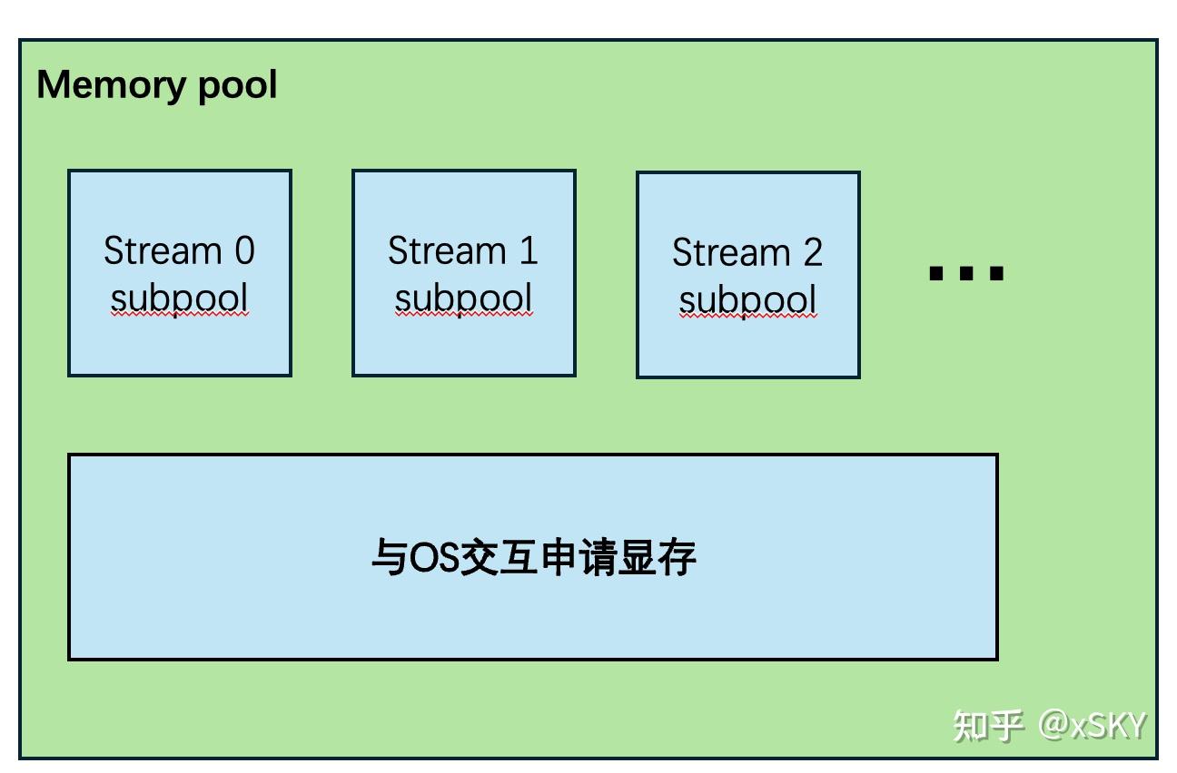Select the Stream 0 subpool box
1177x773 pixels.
180,272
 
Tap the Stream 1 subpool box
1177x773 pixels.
463,272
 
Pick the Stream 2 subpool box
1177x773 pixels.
747,274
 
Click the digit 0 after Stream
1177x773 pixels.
244,251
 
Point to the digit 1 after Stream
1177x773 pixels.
529,251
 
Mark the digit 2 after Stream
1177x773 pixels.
812,253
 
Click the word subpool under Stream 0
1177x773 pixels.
179,298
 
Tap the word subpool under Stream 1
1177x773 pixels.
463,298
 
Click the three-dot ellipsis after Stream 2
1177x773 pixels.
966,272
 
